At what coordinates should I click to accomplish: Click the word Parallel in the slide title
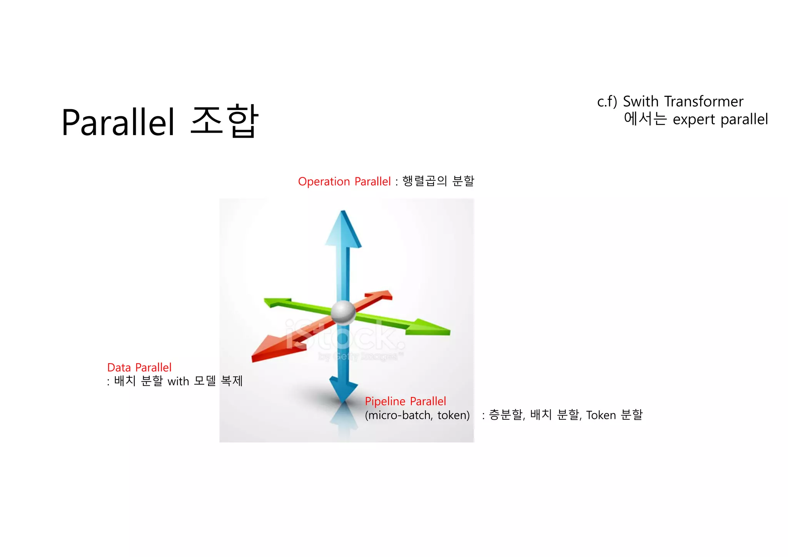[119, 122]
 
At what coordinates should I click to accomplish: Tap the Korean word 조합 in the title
[224, 121]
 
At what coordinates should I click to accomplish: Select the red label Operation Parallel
[344, 182]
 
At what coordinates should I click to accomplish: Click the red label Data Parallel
[139, 367]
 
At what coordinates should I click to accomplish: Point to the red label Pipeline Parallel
[405, 401]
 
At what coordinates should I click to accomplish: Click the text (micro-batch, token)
[417, 415]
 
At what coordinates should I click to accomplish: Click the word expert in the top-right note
[694, 120]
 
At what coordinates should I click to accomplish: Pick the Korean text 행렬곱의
[424, 181]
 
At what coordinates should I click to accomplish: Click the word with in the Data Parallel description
[178, 381]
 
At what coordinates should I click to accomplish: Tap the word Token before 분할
[601, 415]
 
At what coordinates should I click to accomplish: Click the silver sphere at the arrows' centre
[343, 312]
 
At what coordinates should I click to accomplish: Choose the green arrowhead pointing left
[276, 302]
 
